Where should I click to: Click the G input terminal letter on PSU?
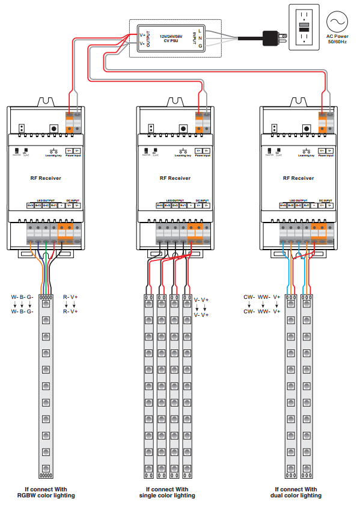(200, 45)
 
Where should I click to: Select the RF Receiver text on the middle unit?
(175, 178)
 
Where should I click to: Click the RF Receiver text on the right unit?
(298, 178)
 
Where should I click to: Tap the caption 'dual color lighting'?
(296, 496)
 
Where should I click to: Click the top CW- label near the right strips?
(249, 297)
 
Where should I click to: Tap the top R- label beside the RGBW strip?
(66, 297)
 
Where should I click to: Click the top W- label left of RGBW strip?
(14, 297)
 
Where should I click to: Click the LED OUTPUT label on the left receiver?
(45, 200)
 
